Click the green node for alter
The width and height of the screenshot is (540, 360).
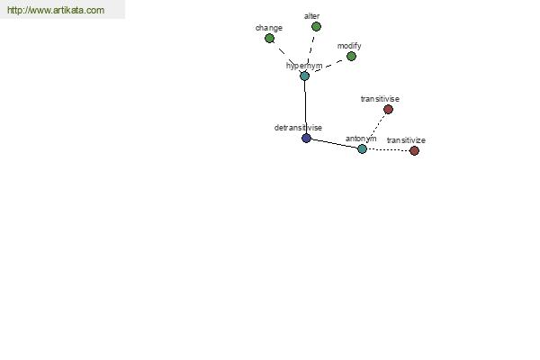click(316, 26)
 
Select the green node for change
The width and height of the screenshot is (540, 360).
click(269, 38)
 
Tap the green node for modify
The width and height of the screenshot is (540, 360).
click(351, 56)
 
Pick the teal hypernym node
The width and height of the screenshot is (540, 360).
click(304, 76)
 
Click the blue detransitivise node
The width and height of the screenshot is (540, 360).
click(306, 138)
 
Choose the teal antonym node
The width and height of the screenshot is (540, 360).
click(362, 148)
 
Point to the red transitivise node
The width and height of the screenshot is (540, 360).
click(388, 110)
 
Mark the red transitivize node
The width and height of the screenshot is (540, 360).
click(414, 150)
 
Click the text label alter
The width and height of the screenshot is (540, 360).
click(311, 16)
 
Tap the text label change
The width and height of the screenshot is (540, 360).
click(269, 28)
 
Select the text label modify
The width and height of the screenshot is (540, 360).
click(349, 46)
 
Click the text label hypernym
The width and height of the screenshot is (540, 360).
click(304, 66)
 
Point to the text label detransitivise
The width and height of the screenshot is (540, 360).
click(298, 128)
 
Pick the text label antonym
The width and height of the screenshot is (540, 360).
click(361, 139)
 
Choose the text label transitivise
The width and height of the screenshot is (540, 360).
click(380, 99)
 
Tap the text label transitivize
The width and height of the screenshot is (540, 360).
click(406, 140)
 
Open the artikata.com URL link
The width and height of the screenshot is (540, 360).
click(56, 10)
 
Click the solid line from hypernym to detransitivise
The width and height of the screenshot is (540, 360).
click(305, 107)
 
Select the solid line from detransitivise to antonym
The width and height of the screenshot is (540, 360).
click(334, 144)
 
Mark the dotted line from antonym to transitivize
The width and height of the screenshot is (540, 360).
click(388, 150)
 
